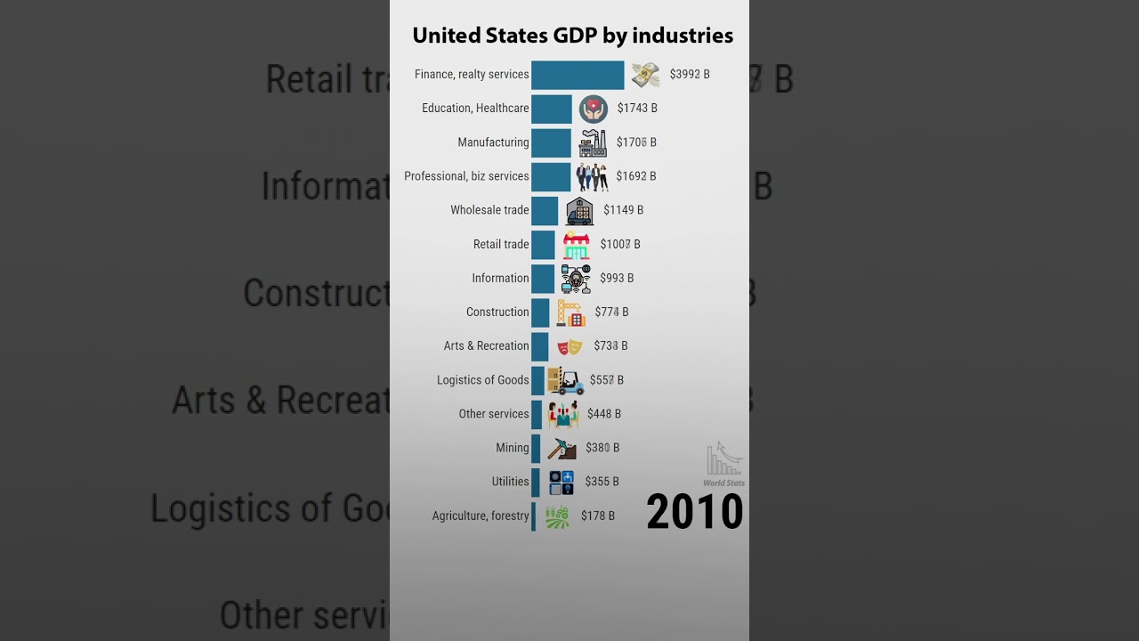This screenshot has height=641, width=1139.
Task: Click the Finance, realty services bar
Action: [x=578, y=75]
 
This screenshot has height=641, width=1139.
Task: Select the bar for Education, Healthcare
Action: [x=552, y=109]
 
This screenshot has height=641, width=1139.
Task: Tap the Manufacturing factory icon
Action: [x=593, y=142]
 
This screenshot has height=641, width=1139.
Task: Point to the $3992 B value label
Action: [x=690, y=75]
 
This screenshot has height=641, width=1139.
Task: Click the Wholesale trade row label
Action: [x=489, y=210]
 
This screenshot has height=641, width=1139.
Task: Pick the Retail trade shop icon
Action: [x=576, y=245]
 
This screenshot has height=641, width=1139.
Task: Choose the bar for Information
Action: [x=543, y=279]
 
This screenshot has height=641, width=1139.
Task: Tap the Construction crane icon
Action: [x=570, y=312]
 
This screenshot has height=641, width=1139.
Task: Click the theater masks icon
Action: [x=569, y=346]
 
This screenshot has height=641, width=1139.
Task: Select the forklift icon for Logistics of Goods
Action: [x=566, y=381]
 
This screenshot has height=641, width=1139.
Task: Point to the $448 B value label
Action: [x=604, y=414]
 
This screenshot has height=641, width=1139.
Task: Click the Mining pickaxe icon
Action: [x=561, y=448]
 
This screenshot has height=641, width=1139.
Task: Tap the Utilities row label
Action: [x=510, y=482]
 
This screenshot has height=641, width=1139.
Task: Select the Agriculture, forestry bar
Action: [x=534, y=516]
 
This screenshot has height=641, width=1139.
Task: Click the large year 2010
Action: [x=695, y=512]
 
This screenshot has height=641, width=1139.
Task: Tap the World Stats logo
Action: [x=724, y=464]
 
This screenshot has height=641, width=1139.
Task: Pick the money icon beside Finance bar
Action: [x=646, y=75]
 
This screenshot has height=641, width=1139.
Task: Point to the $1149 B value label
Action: [x=623, y=210]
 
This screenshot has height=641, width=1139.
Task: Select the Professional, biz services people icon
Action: [x=592, y=177]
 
